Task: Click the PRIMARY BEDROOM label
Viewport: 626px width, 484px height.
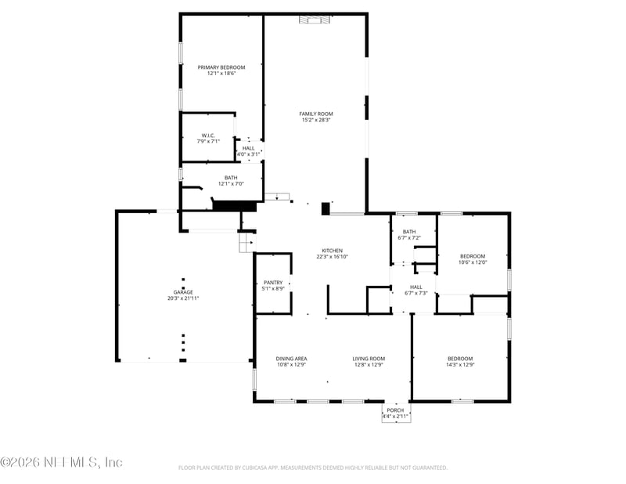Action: (x=221, y=67)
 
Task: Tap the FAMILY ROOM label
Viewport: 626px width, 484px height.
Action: (x=316, y=114)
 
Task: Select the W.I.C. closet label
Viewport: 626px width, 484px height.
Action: (x=207, y=135)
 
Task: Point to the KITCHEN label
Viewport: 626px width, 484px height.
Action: (x=332, y=251)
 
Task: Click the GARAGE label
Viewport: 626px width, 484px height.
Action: (x=183, y=292)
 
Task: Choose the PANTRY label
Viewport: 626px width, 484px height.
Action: (x=273, y=282)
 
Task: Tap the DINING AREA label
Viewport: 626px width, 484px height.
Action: (x=291, y=358)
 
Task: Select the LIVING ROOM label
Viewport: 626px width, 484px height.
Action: (x=369, y=358)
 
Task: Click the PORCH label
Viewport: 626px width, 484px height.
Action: (x=396, y=410)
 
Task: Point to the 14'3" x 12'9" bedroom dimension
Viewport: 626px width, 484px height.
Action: (x=461, y=364)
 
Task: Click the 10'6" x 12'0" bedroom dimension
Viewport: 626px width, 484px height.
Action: (x=473, y=262)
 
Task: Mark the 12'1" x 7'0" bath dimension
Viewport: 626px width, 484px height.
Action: (x=231, y=183)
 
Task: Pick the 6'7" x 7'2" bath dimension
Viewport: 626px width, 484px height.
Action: (x=409, y=237)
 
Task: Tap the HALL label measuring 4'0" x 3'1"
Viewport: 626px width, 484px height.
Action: (x=248, y=148)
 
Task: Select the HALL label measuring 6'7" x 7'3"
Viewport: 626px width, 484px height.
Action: (x=416, y=287)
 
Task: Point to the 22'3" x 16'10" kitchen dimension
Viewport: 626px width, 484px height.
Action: (x=332, y=257)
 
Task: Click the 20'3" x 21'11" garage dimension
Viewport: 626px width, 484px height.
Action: (x=183, y=298)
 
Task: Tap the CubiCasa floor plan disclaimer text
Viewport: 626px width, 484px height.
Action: (x=313, y=468)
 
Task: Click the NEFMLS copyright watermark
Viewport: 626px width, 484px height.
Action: (x=61, y=462)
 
